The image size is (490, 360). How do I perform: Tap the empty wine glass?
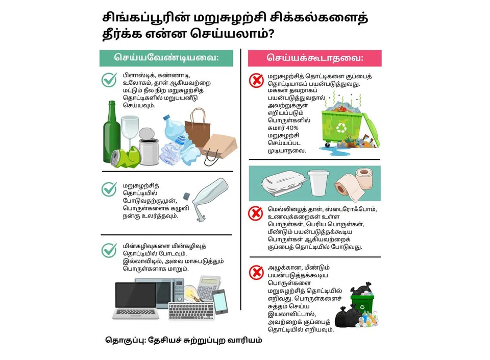[x=129, y=131]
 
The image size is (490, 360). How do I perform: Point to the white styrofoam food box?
[x=284, y=183]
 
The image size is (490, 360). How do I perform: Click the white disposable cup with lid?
[x=318, y=183]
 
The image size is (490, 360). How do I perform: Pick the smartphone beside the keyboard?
[x=220, y=302]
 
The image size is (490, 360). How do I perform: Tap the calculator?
[x=209, y=287]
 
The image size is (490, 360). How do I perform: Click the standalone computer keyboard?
[x=191, y=310]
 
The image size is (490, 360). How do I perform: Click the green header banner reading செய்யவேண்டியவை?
[x=166, y=58]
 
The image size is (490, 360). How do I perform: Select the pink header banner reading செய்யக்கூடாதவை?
[x=315, y=58]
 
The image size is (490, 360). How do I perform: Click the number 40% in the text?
[x=292, y=128]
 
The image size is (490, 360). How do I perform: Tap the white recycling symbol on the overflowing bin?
[x=341, y=128]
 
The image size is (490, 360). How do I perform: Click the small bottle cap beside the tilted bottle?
[x=187, y=196]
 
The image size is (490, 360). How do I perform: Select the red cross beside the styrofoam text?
[x=256, y=214]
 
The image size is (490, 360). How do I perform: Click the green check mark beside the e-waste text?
[x=109, y=250]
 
